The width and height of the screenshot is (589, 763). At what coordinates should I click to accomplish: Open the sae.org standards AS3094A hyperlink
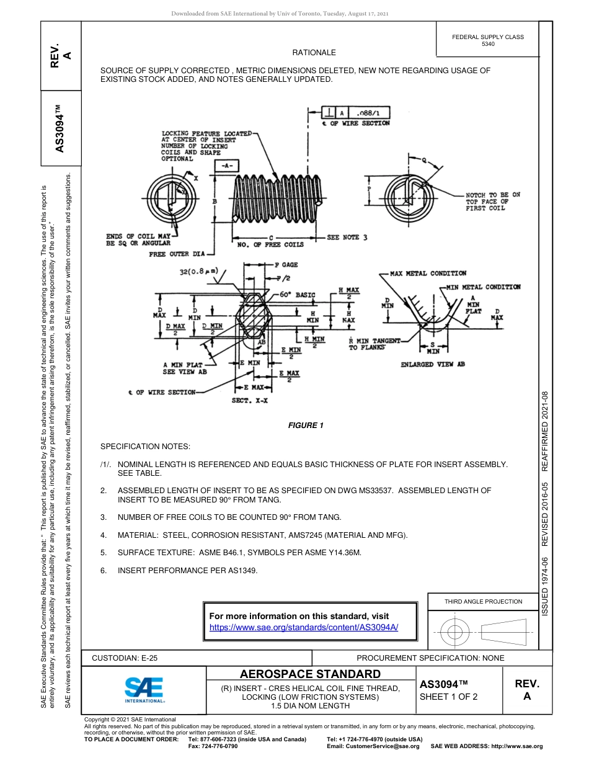click(x=304, y=627)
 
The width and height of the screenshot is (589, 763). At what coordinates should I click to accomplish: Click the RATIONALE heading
click(x=314, y=53)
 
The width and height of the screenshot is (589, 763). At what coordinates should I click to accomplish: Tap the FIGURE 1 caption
click(x=306, y=426)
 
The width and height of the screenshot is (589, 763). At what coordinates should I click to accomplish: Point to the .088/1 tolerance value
click(x=371, y=113)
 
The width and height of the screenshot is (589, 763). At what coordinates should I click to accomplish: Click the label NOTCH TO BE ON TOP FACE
click(x=492, y=201)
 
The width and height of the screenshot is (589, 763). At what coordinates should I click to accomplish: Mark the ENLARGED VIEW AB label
click(x=432, y=364)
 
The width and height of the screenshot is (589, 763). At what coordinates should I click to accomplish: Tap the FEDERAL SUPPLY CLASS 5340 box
click(x=487, y=40)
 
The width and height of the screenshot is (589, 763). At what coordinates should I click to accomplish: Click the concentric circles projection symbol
click(x=455, y=632)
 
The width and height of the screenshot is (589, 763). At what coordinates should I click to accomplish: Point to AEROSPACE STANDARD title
click(x=310, y=674)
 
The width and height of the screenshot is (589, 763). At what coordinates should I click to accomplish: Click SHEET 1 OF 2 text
click(x=448, y=697)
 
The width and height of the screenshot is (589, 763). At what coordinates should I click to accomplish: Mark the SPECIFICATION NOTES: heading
click(x=145, y=447)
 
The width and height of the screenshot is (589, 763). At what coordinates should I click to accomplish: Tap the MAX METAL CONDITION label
click(x=428, y=273)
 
